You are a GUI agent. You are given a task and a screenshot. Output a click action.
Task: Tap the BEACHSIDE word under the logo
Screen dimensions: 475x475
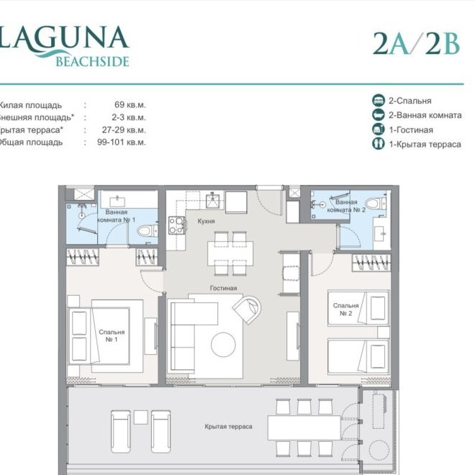point(92,62)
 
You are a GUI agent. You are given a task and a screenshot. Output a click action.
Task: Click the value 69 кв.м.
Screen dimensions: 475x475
point(130,105)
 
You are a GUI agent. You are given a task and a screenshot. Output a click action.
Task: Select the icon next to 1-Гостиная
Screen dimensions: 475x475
point(378,130)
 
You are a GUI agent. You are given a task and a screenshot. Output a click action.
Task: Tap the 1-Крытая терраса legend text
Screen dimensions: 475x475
point(425,144)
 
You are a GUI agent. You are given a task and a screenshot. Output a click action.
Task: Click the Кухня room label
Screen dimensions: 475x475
point(207,221)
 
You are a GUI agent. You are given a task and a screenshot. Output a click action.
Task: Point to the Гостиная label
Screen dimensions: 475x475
point(223,288)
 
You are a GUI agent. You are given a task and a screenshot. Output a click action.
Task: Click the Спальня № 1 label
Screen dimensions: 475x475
point(112,336)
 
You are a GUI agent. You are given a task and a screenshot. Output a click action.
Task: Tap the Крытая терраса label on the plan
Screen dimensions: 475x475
point(228,426)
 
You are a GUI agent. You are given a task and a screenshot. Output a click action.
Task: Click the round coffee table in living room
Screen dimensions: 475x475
point(223,345)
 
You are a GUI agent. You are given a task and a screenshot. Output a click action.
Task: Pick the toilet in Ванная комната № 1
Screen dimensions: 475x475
point(146,231)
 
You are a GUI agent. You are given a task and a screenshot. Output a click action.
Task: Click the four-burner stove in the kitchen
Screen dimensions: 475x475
point(176,225)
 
